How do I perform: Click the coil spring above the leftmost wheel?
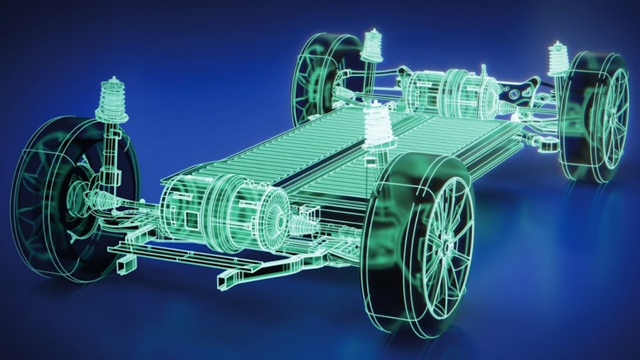coord(112,100)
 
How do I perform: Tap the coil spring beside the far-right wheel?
coord(558,61)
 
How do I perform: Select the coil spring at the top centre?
coord(371,46)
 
